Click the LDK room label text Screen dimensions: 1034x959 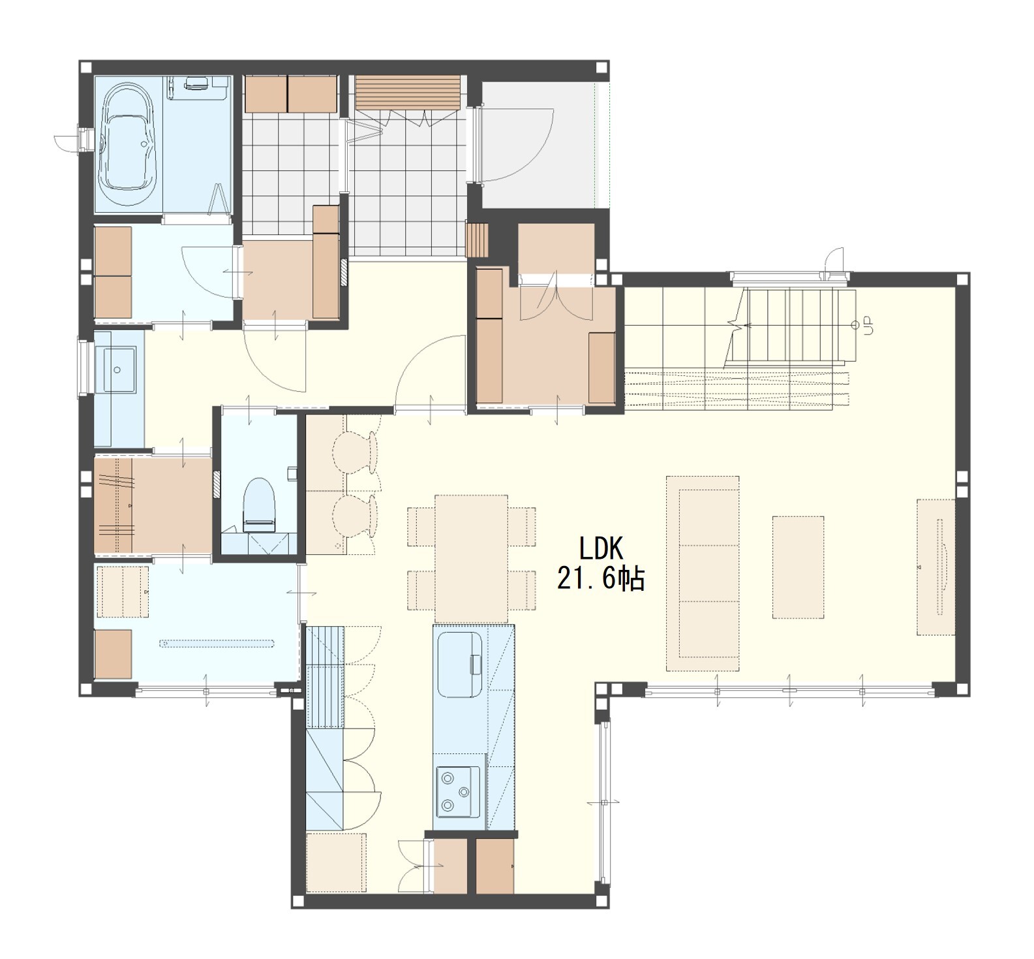601,549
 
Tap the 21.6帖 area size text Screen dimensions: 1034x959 601,578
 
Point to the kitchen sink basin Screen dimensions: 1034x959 459,665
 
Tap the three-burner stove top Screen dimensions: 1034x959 457,792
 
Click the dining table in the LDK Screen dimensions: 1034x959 471,558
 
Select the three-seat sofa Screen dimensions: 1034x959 703,573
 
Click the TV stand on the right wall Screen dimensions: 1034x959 936,567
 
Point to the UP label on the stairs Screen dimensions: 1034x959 868,324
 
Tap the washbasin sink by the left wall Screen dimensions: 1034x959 117,369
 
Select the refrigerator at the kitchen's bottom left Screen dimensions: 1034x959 336,862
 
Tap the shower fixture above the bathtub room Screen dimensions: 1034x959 196,86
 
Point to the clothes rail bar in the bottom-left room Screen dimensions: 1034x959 217,644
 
